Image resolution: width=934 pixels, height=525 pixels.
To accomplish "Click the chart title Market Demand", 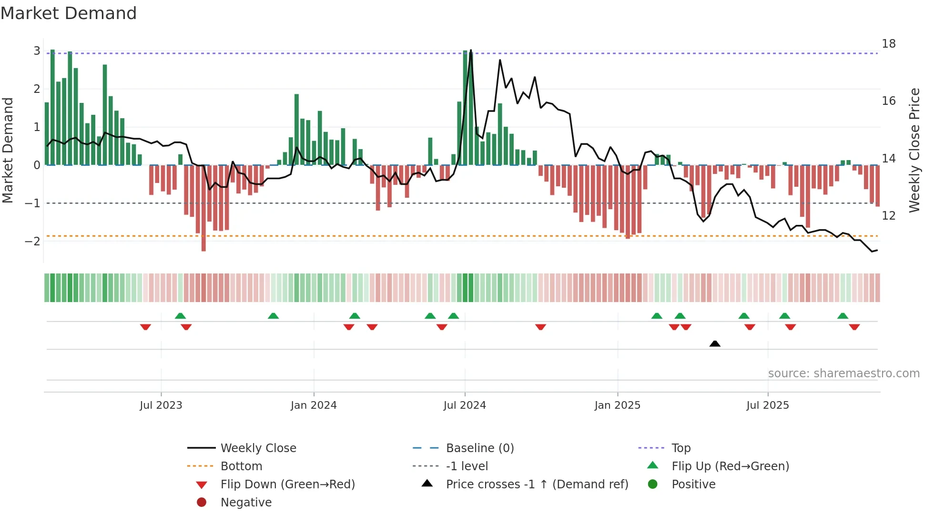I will [69, 13].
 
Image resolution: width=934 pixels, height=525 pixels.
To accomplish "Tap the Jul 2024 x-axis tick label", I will [465, 405].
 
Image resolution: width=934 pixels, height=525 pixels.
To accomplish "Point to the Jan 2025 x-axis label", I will [617, 405].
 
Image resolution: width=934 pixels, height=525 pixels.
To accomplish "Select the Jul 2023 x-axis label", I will [161, 405].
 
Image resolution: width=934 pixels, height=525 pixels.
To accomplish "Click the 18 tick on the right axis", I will [888, 44].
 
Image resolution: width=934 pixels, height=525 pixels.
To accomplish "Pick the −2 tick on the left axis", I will [32, 241].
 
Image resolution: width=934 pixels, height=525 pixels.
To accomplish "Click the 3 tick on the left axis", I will [37, 51].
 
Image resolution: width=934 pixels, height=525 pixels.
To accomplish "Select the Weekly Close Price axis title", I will [914, 150].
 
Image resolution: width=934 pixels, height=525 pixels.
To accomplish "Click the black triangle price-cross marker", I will [715, 343].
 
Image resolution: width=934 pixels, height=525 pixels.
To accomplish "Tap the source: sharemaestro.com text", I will [843, 373].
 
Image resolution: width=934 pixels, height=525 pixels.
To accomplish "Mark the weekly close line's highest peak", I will [471, 50].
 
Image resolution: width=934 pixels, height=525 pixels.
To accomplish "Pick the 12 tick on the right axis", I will [888, 216].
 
